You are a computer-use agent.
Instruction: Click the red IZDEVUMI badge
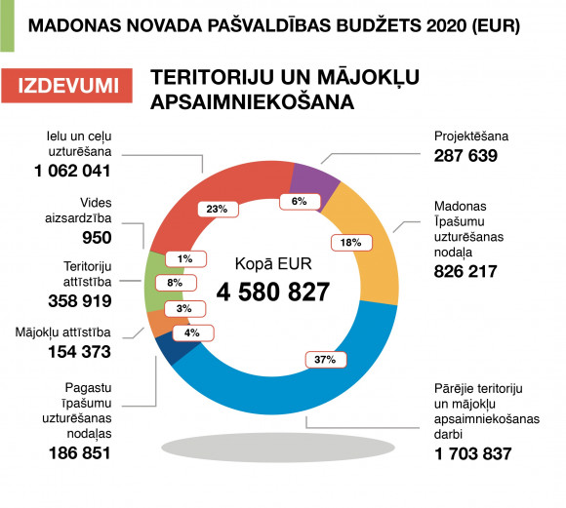coord(66,86)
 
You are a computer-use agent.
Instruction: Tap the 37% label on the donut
coord(326,360)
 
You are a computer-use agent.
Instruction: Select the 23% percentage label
coord(218,209)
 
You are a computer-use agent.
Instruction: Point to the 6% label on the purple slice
coord(300,201)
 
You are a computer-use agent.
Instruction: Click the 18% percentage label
coord(351,243)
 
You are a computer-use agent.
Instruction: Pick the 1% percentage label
coord(185,259)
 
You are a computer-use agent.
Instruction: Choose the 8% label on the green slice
coord(176,283)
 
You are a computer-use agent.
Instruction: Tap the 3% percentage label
coord(185,309)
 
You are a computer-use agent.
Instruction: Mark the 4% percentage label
coord(193,333)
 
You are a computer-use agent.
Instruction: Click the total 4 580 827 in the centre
coord(273,292)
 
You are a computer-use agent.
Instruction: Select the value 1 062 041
coord(72,171)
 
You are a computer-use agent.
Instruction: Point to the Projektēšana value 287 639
coord(465,156)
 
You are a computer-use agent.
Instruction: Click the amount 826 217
coord(465,272)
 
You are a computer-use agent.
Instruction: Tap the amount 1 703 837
coord(473,453)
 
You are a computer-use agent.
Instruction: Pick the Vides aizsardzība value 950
coord(97,238)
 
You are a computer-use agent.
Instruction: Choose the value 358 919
coord(80,301)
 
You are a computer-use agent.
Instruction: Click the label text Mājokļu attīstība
coord(62,332)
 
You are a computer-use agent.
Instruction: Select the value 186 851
coord(79,453)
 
